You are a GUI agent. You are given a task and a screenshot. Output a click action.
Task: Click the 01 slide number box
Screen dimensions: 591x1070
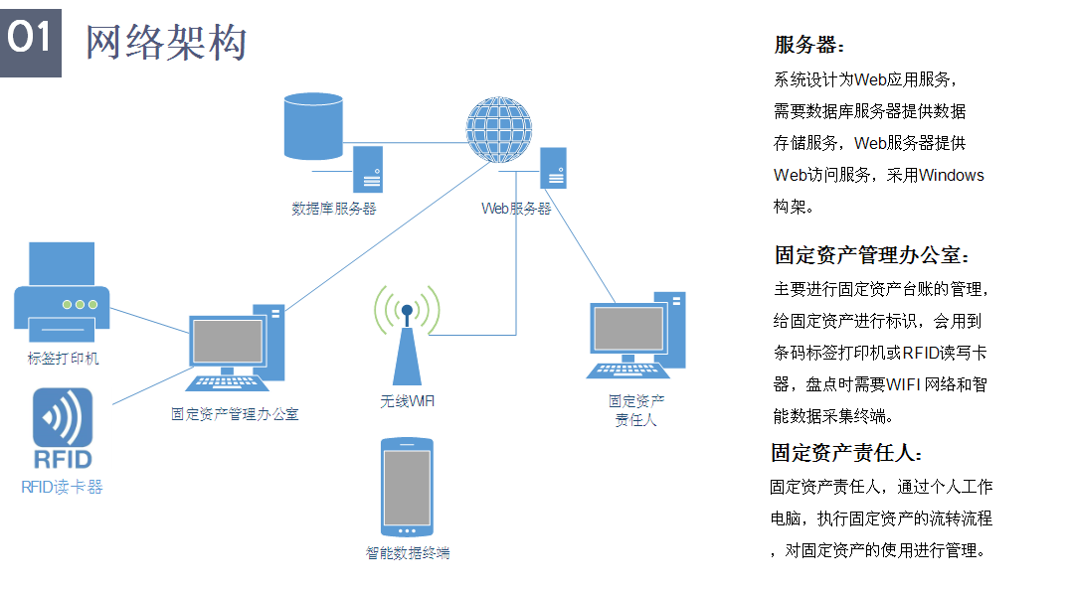(x=30, y=39)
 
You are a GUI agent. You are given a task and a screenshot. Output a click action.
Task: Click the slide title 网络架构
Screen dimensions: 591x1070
(x=166, y=42)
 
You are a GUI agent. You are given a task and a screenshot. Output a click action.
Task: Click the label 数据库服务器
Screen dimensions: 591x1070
(x=334, y=209)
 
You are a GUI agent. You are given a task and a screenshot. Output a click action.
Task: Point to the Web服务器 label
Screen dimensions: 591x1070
(x=516, y=209)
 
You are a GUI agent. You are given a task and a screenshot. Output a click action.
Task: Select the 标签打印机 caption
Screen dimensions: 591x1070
(x=64, y=358)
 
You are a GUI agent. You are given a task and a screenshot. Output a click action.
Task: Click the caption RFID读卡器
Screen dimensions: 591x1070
(x=62, y=487)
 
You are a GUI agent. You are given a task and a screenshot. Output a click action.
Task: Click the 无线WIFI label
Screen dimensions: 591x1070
(x=407, y=401)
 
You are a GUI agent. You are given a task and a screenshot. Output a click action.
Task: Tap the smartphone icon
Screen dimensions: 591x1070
(x=407, y=487)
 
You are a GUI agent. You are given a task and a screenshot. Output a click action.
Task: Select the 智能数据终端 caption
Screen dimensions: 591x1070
(x=408, y=553)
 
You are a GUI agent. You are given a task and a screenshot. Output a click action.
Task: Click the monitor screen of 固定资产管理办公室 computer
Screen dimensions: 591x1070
(x=228, y=341)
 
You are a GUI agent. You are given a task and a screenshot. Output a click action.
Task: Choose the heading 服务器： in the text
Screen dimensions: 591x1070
(x=809, y=45)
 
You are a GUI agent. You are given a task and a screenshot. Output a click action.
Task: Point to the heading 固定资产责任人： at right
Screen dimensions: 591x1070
(x=847, y=453)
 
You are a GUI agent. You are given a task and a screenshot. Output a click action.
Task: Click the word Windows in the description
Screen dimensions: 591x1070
(x=951, y=176)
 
